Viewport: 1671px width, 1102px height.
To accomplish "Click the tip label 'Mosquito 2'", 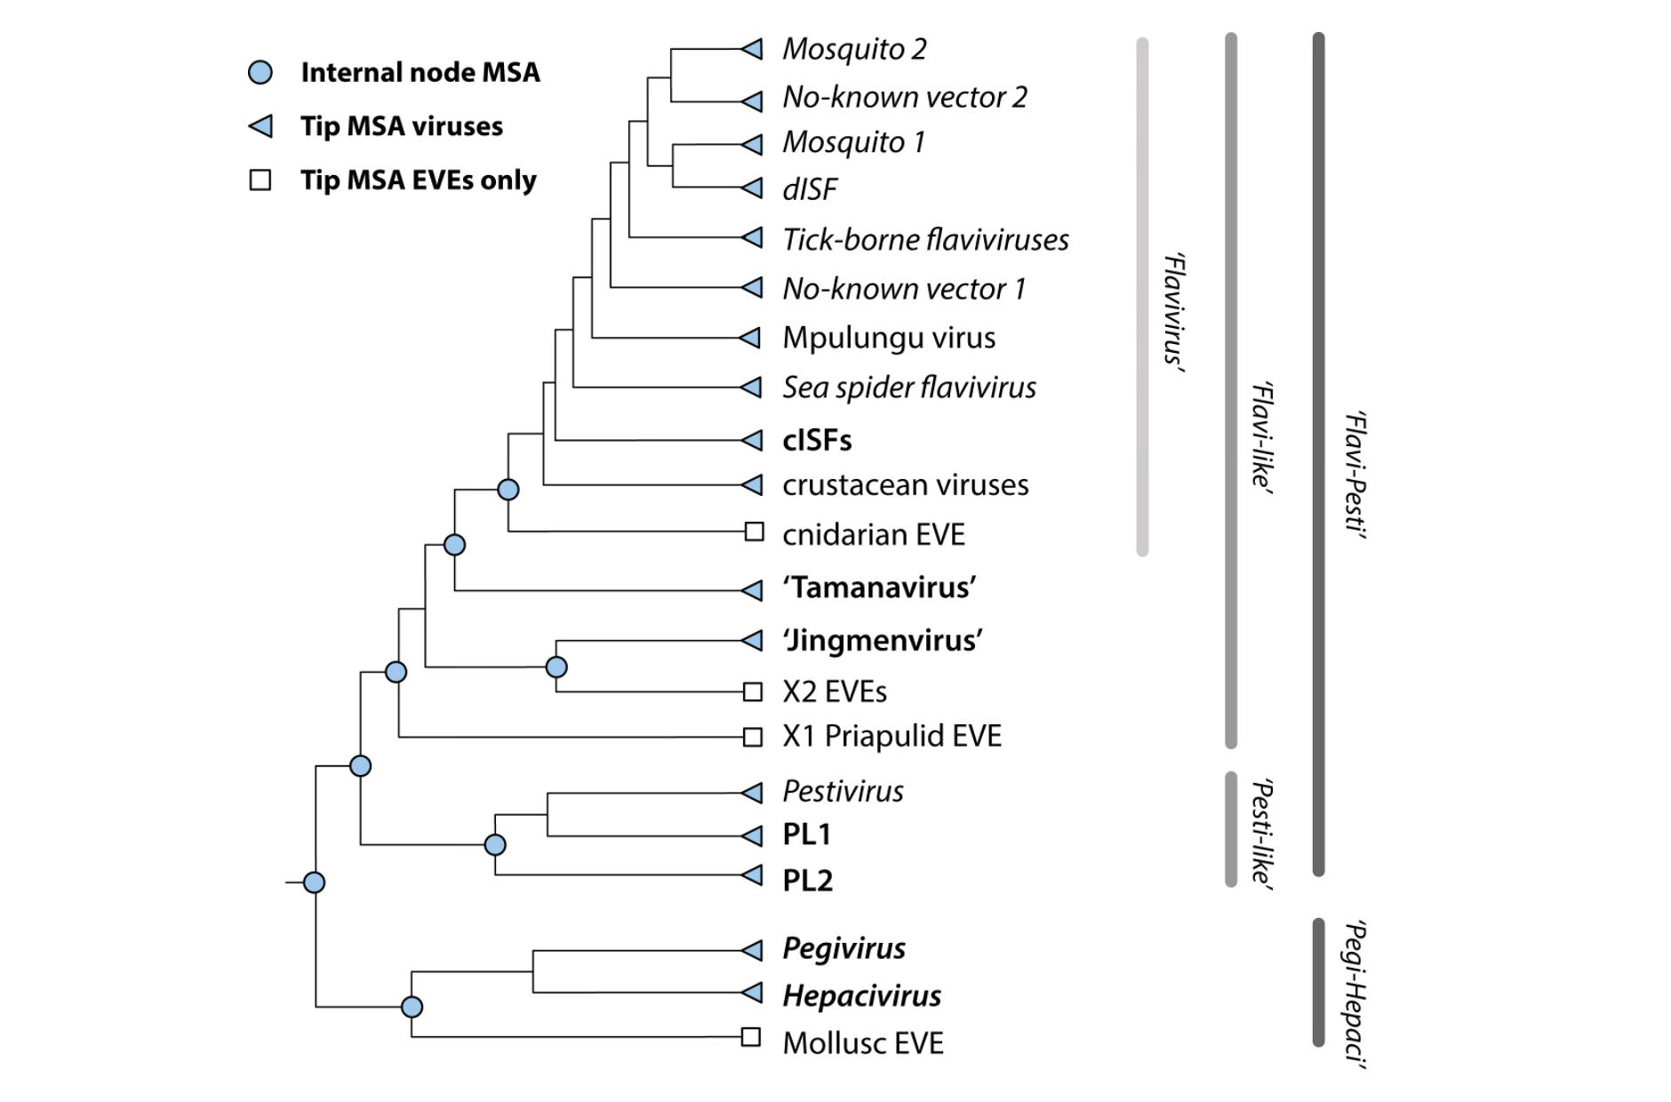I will tap(854, 49).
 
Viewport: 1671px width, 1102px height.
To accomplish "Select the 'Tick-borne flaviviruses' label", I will tap(925, 239).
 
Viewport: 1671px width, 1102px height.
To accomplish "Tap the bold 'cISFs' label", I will tap(817, 440).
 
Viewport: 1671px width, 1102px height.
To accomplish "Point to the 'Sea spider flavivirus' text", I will tap(909, 387).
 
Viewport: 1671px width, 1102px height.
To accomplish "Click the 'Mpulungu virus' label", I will tap(889, 338).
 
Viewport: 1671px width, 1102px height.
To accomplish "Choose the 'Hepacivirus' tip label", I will tap(861, 995).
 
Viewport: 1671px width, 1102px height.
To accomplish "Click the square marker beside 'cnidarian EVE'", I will tap(754, 531).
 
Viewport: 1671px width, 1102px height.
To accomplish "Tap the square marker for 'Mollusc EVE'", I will tap(751, 1036).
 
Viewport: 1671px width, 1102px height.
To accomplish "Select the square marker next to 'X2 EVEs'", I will tap(753, 691).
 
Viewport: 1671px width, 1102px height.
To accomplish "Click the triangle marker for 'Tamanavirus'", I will tap(753, 589).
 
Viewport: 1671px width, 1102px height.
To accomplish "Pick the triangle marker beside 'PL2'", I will tap(753, 874).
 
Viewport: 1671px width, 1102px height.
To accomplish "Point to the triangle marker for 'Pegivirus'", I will tap(753, 950).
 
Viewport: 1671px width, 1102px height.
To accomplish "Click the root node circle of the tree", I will tap(314, 882).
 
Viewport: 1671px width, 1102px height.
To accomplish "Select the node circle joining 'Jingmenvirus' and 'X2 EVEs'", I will tap(556, 667).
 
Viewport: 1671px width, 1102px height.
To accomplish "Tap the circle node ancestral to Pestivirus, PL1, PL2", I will tap(495, 844).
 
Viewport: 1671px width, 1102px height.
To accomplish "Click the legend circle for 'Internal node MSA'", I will tap(260, 72).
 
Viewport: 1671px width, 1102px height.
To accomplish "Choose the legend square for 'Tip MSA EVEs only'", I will tap(260, 180).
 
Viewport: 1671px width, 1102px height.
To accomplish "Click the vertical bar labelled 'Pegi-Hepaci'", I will tap(1318, 982).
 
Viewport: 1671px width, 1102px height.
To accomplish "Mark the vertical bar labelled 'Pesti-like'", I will tap(1231, 828).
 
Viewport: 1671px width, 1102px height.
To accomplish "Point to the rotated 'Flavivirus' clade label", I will tap(1174, 310).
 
